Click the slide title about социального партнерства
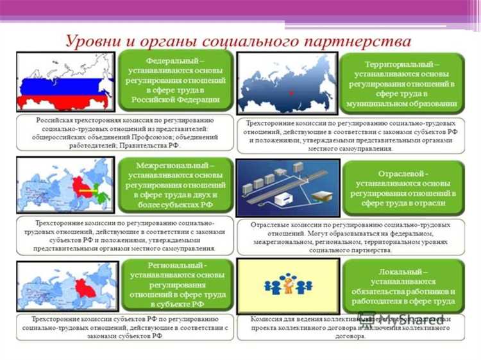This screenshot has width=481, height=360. pyautogui.click(x=238, y=41)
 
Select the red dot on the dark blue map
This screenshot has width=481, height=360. pyautogui.click(x=292, y=94)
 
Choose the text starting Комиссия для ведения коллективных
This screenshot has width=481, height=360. pyautogui.click(x=349, y=327)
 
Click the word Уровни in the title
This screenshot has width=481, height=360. pyautogui.click(x=92, y=41)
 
